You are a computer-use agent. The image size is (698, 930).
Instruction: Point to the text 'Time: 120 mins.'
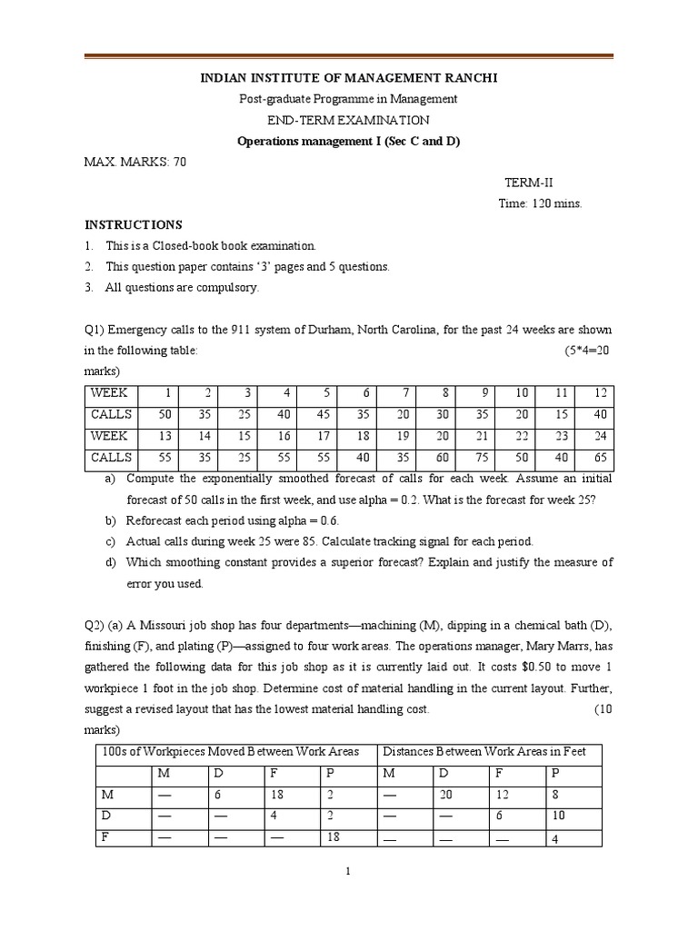tap(540, 203)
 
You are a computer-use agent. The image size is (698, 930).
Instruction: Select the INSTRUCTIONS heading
tap(134, 225)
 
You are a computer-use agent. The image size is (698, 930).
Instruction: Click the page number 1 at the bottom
tap(348, 872)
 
